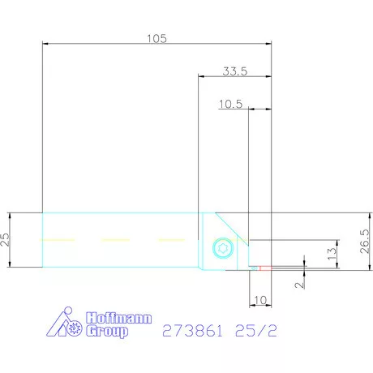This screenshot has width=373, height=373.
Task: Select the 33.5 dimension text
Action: (235, 71)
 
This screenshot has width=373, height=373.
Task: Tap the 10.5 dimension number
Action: (231, 104)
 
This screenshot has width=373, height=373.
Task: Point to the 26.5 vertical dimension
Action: (363, 240)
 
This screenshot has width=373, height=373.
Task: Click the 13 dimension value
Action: (330, 253)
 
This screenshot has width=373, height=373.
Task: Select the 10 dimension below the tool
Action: (260, 300)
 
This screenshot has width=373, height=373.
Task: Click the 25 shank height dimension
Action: (6, 240)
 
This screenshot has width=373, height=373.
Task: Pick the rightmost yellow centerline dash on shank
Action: (170, 240)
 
